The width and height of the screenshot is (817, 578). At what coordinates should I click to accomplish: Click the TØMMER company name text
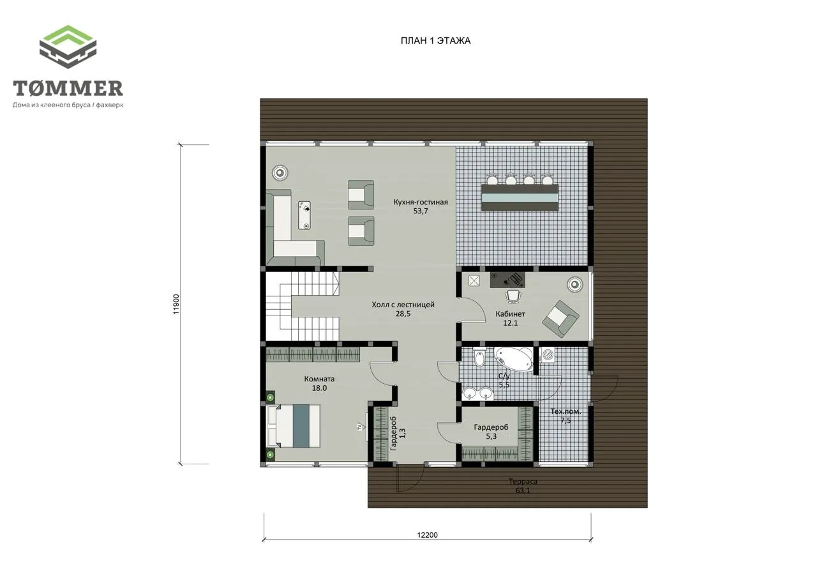point(68,88)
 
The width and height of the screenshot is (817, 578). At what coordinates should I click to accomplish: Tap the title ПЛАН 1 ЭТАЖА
point(435,41)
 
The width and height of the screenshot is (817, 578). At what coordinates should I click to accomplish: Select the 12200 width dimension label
point(427,535)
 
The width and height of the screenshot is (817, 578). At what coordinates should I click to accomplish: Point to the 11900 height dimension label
point(176,304)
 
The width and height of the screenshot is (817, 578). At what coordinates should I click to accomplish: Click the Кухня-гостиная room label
point(421,202)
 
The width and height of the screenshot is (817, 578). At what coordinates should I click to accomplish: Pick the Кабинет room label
point(510,314)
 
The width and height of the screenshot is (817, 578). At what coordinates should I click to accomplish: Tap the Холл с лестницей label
point(403,304)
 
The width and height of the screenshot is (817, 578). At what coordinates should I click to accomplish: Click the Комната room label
point(319,379)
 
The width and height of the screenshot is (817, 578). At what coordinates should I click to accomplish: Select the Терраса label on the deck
point(523,482)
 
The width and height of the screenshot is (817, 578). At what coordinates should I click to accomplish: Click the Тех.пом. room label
point(566,411)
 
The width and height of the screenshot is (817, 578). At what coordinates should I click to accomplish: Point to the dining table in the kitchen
point(520,197)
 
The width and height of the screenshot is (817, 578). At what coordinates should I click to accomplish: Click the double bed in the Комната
point(294,426)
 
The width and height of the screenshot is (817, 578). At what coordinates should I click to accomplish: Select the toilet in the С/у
point(479,357)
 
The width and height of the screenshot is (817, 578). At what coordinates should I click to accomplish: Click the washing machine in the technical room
point(548,354)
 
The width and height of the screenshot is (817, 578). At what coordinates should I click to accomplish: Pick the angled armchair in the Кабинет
point(560,319)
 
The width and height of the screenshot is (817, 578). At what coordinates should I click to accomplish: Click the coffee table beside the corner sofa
point(304,215)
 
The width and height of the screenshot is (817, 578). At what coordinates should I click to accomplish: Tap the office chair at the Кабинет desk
point(514,296)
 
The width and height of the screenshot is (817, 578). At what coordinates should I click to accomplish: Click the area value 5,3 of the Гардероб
point(491,436)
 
